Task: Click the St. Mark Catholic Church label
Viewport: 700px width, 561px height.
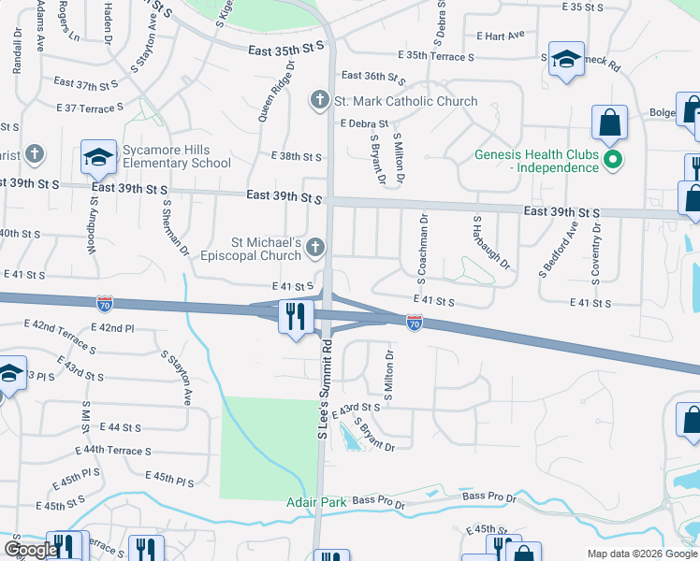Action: pyautogui.click(x=405, y=101)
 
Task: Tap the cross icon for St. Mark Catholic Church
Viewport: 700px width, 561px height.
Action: pyautogui.click(x=318, y=100)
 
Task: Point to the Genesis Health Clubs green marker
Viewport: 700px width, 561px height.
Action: pyautogui.click(x=613, y=160)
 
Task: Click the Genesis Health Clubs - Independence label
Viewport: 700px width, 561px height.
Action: pyautogui.click(x=536, y=161)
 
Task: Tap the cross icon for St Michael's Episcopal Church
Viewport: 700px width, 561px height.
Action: pyautogui.click(x=315, y=248)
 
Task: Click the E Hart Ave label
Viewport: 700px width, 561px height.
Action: pyautogui.click(x=500, y=36)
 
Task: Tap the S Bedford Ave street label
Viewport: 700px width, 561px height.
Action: pyautogui.click(x=555, y=250)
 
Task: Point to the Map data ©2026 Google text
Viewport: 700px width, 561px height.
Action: pyautogui.click(x=641, y=553)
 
